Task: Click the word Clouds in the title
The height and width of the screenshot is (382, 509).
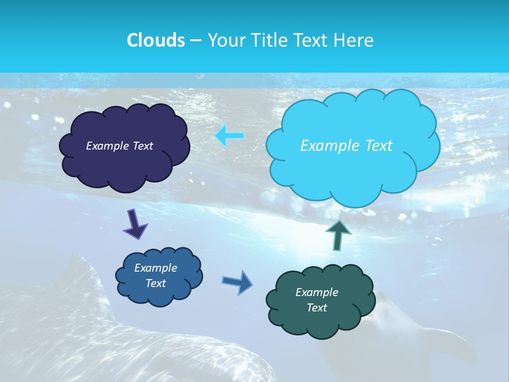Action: pos(155,40)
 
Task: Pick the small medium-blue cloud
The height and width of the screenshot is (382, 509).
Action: pos(159,294)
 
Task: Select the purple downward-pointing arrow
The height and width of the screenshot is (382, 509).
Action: pos(135,224)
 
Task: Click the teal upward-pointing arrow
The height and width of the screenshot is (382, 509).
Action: pos(339,235)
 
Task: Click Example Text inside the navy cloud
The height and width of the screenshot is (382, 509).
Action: pos(119,146)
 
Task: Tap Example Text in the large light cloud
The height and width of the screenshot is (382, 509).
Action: pos(346,146)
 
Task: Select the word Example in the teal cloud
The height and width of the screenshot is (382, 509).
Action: pos(317,292)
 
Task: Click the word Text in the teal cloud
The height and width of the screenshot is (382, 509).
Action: pos(317,308)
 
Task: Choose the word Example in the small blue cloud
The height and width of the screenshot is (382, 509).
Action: pos(155,268)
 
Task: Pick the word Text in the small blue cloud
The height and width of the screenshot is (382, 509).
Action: pos(155,283)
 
